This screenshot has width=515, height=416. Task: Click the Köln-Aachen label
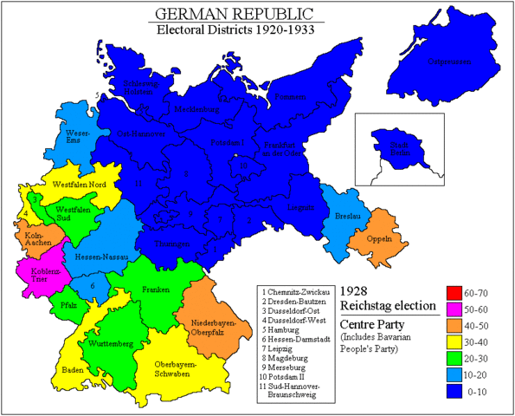pos(34,237)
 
